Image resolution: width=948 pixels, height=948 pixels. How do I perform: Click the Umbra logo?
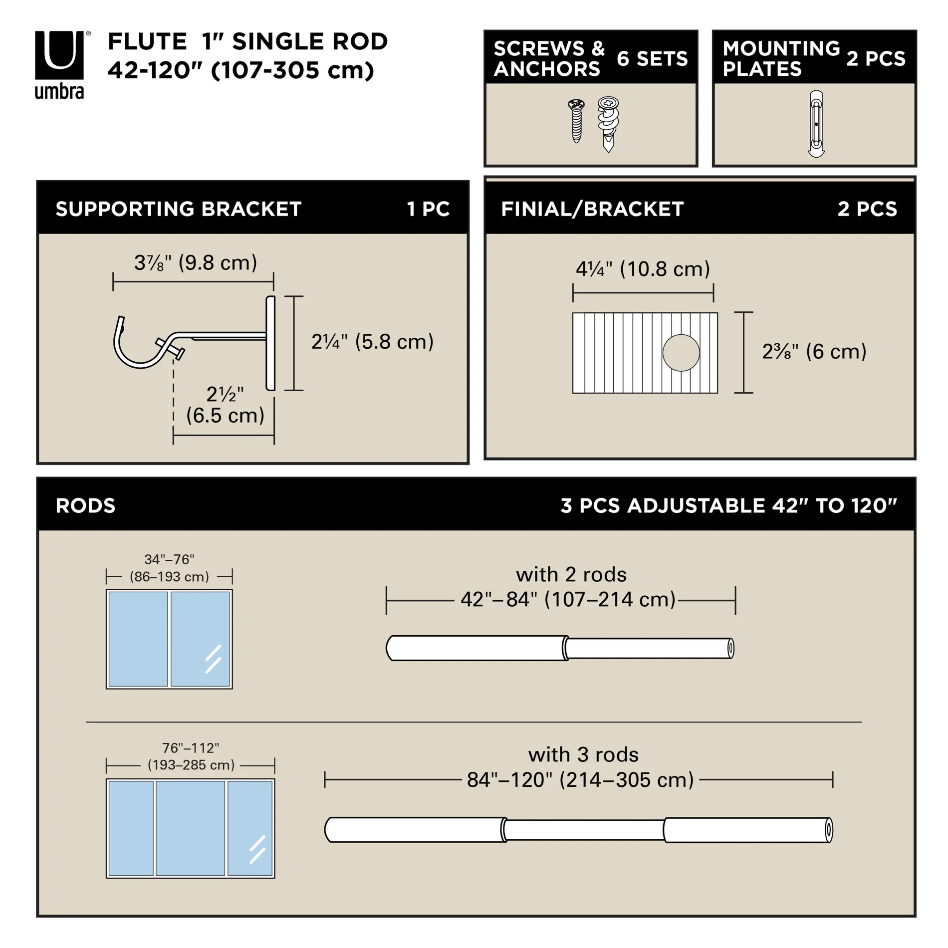click(59, 64)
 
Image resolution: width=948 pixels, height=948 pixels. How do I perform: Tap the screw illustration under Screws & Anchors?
click(576, 121)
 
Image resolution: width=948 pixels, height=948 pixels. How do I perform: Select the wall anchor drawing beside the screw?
click(608, 124)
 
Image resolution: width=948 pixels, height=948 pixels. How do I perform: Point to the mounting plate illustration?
click(816, 124)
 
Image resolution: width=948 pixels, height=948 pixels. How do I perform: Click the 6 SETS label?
click(652, 59)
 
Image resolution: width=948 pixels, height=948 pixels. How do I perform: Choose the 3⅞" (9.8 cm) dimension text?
click(196, 263)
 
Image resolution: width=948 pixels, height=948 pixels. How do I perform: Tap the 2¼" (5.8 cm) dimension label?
click(372, 342)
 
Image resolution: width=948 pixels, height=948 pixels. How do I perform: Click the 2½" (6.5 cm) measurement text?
click(225, 405)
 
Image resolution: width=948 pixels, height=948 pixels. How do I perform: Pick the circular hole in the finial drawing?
click(681, 353)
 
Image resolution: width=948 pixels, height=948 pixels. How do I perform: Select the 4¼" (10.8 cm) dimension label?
click(643, 269)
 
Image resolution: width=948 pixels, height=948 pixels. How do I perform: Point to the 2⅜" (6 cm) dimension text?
click(814, 352)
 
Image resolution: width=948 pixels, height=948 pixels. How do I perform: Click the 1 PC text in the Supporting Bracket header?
click(428, 209)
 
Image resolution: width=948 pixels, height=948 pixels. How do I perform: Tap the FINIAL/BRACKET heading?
click(592, 209)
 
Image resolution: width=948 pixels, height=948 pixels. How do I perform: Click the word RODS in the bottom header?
click(85, 506)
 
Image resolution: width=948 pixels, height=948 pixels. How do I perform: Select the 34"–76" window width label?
click(169, 560)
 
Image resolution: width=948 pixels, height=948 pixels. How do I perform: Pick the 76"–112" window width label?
click(191, 748)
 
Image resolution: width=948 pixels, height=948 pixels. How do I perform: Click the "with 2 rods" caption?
click(571, 575)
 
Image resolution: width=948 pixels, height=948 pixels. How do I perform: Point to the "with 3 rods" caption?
click(583, 755)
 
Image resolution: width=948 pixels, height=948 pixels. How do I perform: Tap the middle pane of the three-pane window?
click(190, 828)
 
